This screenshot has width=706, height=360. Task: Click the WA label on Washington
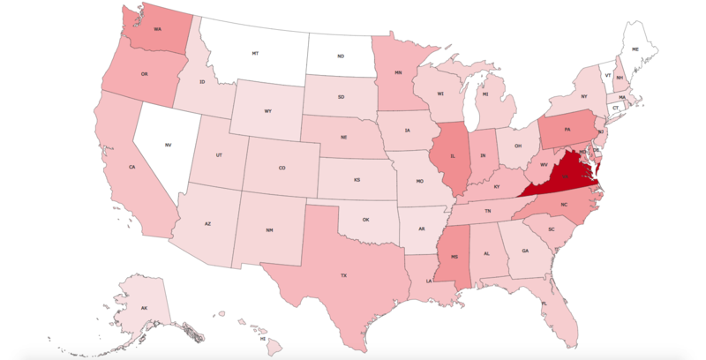pyautogui.click(x=157, y=29)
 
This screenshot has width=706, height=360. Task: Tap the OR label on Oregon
pyautogui.click(x=143, y=74)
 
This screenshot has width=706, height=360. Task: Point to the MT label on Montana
pyautogui.click(x=255, y=54)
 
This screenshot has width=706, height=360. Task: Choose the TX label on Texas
pyautogui.click(x=344, y=276)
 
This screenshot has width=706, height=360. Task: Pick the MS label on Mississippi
pyautogui.click(x=454, y=257)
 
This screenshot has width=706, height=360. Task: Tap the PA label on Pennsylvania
pyautogui.click(x=567, y=130)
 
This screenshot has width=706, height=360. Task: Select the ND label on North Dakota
pyautogui.click(x=341, y=57)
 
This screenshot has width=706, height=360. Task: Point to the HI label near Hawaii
pyautogui.click(x=263, y=338)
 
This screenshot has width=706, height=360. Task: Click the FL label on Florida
pyautogui.click(x=545, y=303)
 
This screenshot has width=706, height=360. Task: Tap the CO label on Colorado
pyautogui.click(x=282, y=168)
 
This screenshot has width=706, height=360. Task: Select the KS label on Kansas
pyautogui.click(x=357, y=180)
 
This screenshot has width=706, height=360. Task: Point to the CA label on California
pyautogui.click(x=131, y=167)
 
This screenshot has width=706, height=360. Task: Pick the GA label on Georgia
pyautogui.click(x=525, y=250)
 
